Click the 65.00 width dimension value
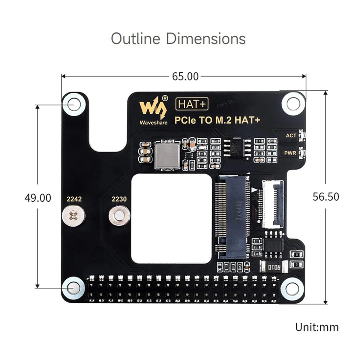tap(185, 76)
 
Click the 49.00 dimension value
tap(38, 198)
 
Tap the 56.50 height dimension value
tap(326, 197)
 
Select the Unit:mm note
tap(317, 327)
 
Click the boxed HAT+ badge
tap(192, 104)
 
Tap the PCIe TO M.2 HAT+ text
tap(217, 120)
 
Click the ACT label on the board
tap(291, 136)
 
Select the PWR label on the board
tap(290, 153)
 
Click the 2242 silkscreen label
tap(74, 199)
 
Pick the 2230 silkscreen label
tap(119, 199)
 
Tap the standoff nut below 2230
tap(119, 215)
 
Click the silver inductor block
tap(167, 155)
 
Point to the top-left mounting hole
tap(73, 104)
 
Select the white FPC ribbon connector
tap(273, 204)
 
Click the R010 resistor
tap(274, 267)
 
